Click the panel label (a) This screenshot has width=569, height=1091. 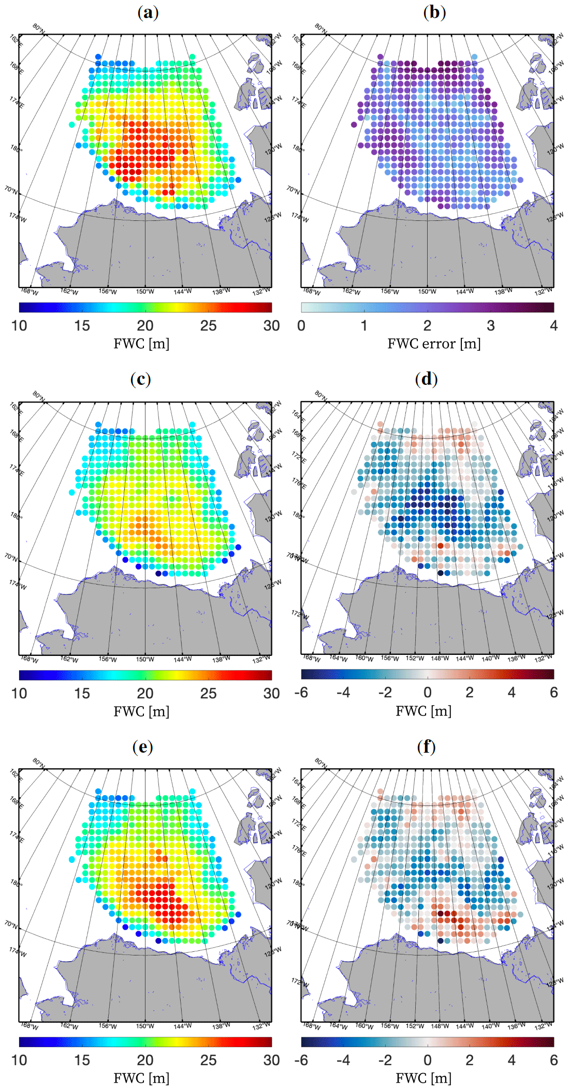point(148,12)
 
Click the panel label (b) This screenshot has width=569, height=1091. point(434,12)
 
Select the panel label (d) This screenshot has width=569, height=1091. point(426,379)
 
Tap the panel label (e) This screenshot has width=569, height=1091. point(142,746)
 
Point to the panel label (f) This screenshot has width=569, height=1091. point(426,746)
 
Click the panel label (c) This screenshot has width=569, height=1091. point(141,379)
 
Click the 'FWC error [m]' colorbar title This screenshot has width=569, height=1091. point(434,343)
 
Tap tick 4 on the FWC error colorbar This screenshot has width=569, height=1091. point(553,325)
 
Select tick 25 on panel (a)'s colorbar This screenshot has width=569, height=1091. point(208,325)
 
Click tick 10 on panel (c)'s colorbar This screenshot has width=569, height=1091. point(19,693)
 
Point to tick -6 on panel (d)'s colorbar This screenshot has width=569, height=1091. point(301,692)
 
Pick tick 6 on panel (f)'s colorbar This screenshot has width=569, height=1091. point(553,1060)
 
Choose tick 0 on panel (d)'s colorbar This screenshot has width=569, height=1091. point(427,692)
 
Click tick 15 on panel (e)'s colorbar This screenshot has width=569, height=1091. point(82,1060)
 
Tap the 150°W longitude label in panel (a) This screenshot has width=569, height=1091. point(145,292)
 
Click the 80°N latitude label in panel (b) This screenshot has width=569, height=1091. point(321,28)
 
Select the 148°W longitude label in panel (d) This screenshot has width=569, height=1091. point(440,658)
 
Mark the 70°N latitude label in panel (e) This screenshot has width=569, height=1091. point(11,923)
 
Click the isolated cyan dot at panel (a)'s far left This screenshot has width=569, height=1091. point(72,124)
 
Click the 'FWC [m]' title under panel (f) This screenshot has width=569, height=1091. point(424,1079)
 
